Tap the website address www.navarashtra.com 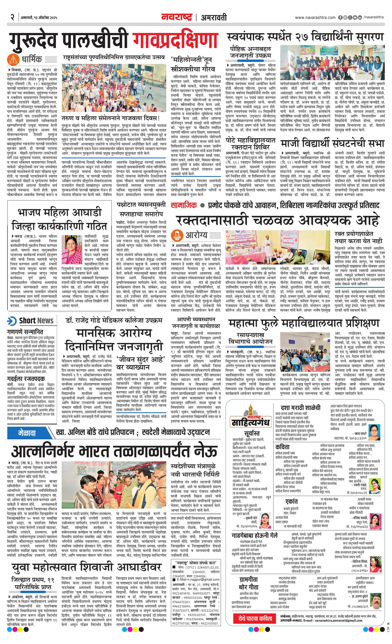[x=315, y=17]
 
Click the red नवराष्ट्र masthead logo [x=177, y=17]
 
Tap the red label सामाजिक [x=184, y=205]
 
